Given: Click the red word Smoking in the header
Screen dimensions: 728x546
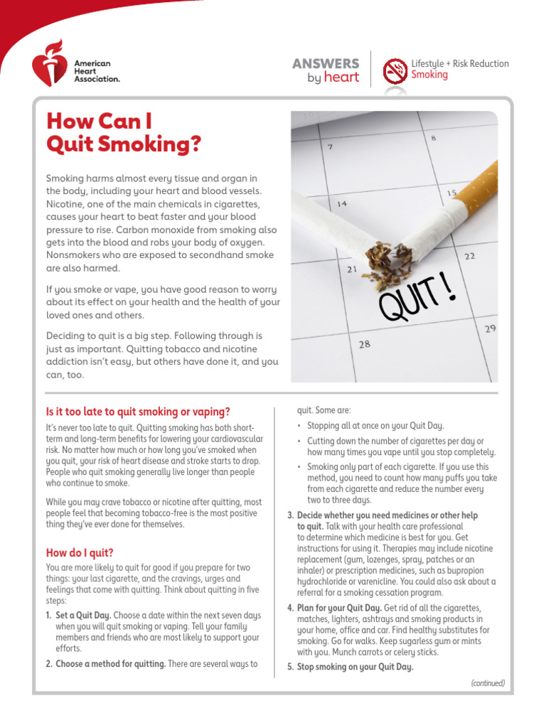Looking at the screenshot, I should (x=429, y=75).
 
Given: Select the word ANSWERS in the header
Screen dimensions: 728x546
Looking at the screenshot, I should (x=326, y=64).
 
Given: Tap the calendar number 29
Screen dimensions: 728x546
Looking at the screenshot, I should (x=490, y=328).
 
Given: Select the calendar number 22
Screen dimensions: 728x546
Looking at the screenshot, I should (x=470, y=256).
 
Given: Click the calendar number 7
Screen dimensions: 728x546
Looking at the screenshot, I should (x=330, y=147).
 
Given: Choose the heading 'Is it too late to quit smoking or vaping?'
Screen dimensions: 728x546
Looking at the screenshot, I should (x=138, y=412).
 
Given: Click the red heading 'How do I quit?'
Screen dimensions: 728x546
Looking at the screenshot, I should (x=80, y=552).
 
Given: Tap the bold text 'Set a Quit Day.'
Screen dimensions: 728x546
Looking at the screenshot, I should (x=83, y=615).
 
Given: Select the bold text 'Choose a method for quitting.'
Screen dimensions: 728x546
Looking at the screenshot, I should (x=110, y=664).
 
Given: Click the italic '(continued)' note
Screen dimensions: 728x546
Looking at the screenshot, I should (x=488, y=683).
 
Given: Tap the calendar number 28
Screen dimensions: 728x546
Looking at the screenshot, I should (x=365, y=344).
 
